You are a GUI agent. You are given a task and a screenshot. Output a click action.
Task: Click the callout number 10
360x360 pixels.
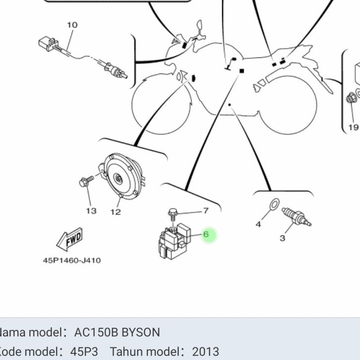pos(72,25)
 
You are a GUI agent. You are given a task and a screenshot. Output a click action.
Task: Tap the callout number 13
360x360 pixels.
pos(91,211)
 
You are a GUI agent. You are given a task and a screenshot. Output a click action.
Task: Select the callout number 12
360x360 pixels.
pos(115,212)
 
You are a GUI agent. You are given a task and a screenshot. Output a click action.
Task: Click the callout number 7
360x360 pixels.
pos(205,211)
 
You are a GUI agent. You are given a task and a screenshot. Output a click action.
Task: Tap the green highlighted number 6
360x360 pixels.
pos(207,234)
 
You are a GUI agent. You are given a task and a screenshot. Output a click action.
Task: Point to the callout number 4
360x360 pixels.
pos(258,224)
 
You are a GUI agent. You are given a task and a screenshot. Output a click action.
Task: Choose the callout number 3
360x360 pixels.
pos(282,238)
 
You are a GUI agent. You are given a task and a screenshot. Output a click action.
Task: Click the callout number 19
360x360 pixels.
pos(353,127)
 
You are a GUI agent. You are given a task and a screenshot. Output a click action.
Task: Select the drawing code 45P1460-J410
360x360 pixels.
pos(72,260)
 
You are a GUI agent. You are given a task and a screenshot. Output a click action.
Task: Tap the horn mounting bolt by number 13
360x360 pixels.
pos(86,182)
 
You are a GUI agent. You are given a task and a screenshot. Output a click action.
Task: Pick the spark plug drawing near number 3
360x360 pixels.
pos(296,217)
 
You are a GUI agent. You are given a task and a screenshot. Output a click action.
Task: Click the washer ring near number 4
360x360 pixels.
pos(273,204)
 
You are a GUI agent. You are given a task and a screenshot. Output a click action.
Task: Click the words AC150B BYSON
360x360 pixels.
pos(117,332)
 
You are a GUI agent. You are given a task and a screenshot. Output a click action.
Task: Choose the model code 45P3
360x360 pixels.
pos(84,352)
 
